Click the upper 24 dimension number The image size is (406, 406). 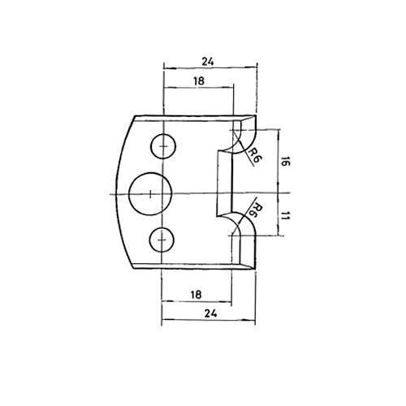pyautogui.click(x=208, y=62)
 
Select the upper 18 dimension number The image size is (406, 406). pyautogui.click(x=199, y=81)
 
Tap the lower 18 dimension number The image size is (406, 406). pyautogui.click(x=196, y=295)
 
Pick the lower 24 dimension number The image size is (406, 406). pyautogui.click(x=211, y=313)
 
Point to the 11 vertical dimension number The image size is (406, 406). pyautogui.click(x=285, y=216)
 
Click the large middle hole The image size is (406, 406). pyautogui.click(x=150, y=194)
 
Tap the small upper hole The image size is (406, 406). pyautogui.click(x=163, y=146)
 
